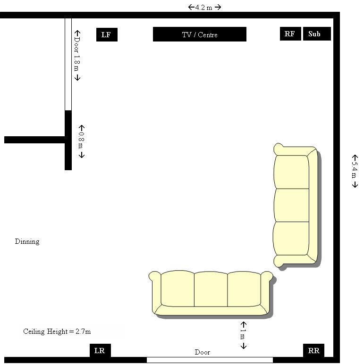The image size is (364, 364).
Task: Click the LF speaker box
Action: pyautogui.click(x=107, y=34)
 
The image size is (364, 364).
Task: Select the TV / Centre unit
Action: pyautogui.click(x=199, y=34)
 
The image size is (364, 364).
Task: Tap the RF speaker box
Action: pyautogui.click(x=290, y=33)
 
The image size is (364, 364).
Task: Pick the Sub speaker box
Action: pyautogui.click(x=317, y=33)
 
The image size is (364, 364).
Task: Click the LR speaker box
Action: pyautogui.click(x=100, y=350)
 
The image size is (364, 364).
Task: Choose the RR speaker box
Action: pyautogui.click(x=313, y=350)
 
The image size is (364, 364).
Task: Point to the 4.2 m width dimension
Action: pyautogui.click(x=204, y=8)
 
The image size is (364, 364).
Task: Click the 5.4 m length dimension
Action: pyautogui.click(x=355, y=171)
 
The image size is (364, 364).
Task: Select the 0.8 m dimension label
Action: pyautogui.click(x=81, y=141)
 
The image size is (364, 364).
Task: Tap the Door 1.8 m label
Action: pyautogui.click(x=77, y=55)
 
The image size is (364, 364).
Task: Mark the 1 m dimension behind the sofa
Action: pyautogui.click(x=243, y=335)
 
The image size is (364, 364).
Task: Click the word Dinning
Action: pyautogui.click(x=27, y=241)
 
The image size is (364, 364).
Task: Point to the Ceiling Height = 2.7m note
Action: pyautogui.click(x=57, y=331)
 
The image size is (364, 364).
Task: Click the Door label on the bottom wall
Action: pyautogui.click(x=202, y=352)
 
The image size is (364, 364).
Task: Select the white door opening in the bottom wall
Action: pyautogui.click(x=210, y=360)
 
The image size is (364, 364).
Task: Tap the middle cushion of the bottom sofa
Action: pyautogui.click(x=211, y=289)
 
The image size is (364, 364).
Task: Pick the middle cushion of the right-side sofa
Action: pyautogui.click(x=291, y=205)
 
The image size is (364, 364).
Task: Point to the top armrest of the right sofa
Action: pyautogui.click(x=295, y=149)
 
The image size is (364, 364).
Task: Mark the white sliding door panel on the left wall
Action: pyautogui.click(x=68, y=64)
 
